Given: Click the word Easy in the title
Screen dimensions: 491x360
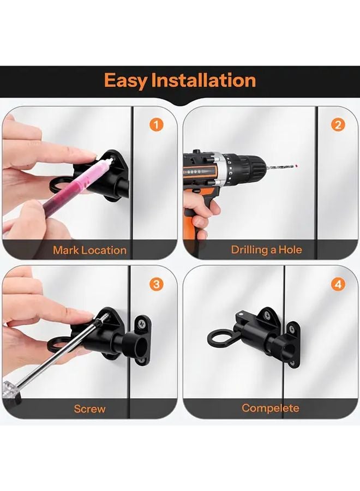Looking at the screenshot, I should point(125,81).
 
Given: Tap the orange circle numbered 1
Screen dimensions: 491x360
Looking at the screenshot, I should point(156,125).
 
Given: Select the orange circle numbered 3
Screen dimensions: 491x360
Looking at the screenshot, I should point(156,284).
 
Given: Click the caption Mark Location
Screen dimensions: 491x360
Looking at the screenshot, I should point(89,250).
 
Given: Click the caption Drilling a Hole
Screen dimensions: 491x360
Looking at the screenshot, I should point(266,250).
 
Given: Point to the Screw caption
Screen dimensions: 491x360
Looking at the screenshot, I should point(89,409).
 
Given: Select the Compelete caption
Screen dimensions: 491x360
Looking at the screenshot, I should point(271,408).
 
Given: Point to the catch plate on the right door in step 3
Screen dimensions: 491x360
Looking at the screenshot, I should point(143,338).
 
